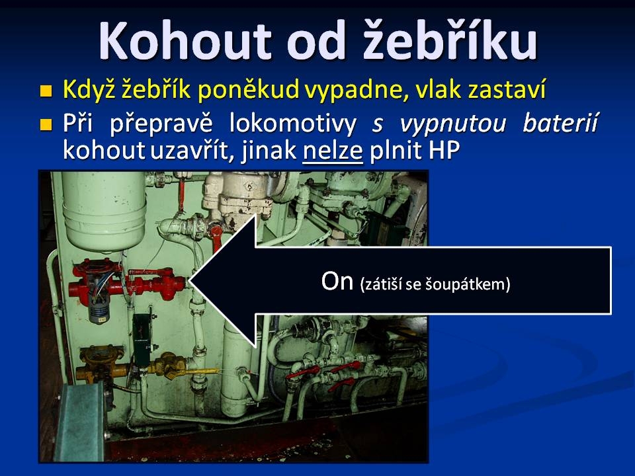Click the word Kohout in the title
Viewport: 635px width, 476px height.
[185, 40]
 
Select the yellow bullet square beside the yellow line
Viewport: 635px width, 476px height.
[46, 91]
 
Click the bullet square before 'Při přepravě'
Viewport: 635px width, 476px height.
[46, 124]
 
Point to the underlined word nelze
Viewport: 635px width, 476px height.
[333, 151]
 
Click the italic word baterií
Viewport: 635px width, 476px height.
[560, 123]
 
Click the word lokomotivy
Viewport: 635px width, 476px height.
[293, 123]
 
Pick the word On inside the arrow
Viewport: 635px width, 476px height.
[337, 281]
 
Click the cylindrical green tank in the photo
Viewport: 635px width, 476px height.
[105, 211]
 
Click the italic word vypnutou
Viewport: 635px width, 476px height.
[453, 124]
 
